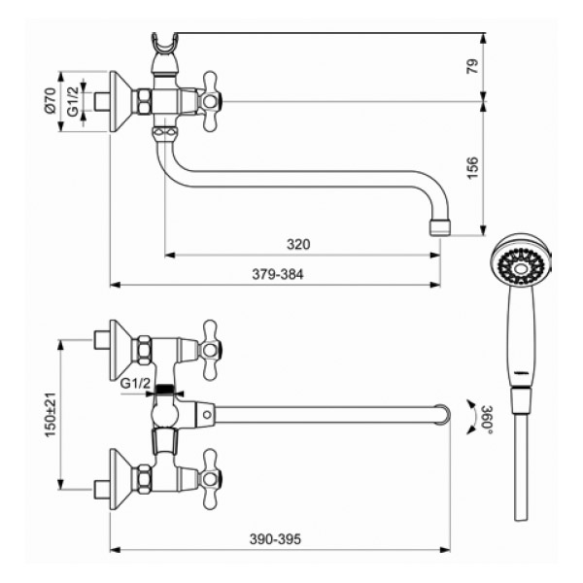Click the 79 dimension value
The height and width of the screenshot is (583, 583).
(x=472, y=66)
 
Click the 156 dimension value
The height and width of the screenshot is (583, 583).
(x=472, y=168)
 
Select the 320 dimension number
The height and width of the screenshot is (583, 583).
(x=298, y=244)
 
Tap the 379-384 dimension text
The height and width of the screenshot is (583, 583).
(x=278, y=274)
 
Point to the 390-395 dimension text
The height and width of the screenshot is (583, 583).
(x=275, y=539)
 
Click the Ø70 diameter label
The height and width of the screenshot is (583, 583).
(x=50, y=100)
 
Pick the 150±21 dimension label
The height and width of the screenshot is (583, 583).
(x=51, y=415)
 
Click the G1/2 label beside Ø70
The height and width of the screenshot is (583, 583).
(x=73, y=101)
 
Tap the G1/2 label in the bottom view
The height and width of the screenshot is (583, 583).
(x=135, y=383)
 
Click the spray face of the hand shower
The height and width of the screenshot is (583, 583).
(x=521, y=266)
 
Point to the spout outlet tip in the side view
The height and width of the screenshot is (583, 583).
(x=440, y=227)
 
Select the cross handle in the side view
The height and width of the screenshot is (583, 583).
(x=210, y=101)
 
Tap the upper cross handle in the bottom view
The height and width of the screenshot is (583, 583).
(x=210, y=350)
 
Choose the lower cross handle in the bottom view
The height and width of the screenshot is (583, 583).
(x=210, y=478)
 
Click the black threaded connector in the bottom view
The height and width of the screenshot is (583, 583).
(x=164, y=390)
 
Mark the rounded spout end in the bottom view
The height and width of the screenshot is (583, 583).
(x=443, y=415)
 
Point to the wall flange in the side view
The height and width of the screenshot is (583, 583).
(x=120, y=101)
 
